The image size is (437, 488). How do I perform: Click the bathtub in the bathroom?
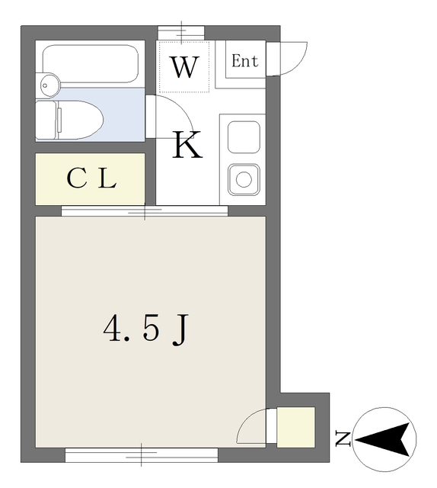90,64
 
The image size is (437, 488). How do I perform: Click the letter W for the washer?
184,68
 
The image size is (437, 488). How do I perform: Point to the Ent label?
244,62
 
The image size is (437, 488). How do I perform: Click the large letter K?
187,145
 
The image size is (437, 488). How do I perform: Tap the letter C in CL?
76,179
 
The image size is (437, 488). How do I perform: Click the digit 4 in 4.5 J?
113,329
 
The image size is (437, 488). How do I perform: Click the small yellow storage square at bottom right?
295,427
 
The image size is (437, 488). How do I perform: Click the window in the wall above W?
181,31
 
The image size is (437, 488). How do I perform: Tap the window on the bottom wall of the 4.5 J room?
142,455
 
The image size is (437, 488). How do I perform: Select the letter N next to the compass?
343,438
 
